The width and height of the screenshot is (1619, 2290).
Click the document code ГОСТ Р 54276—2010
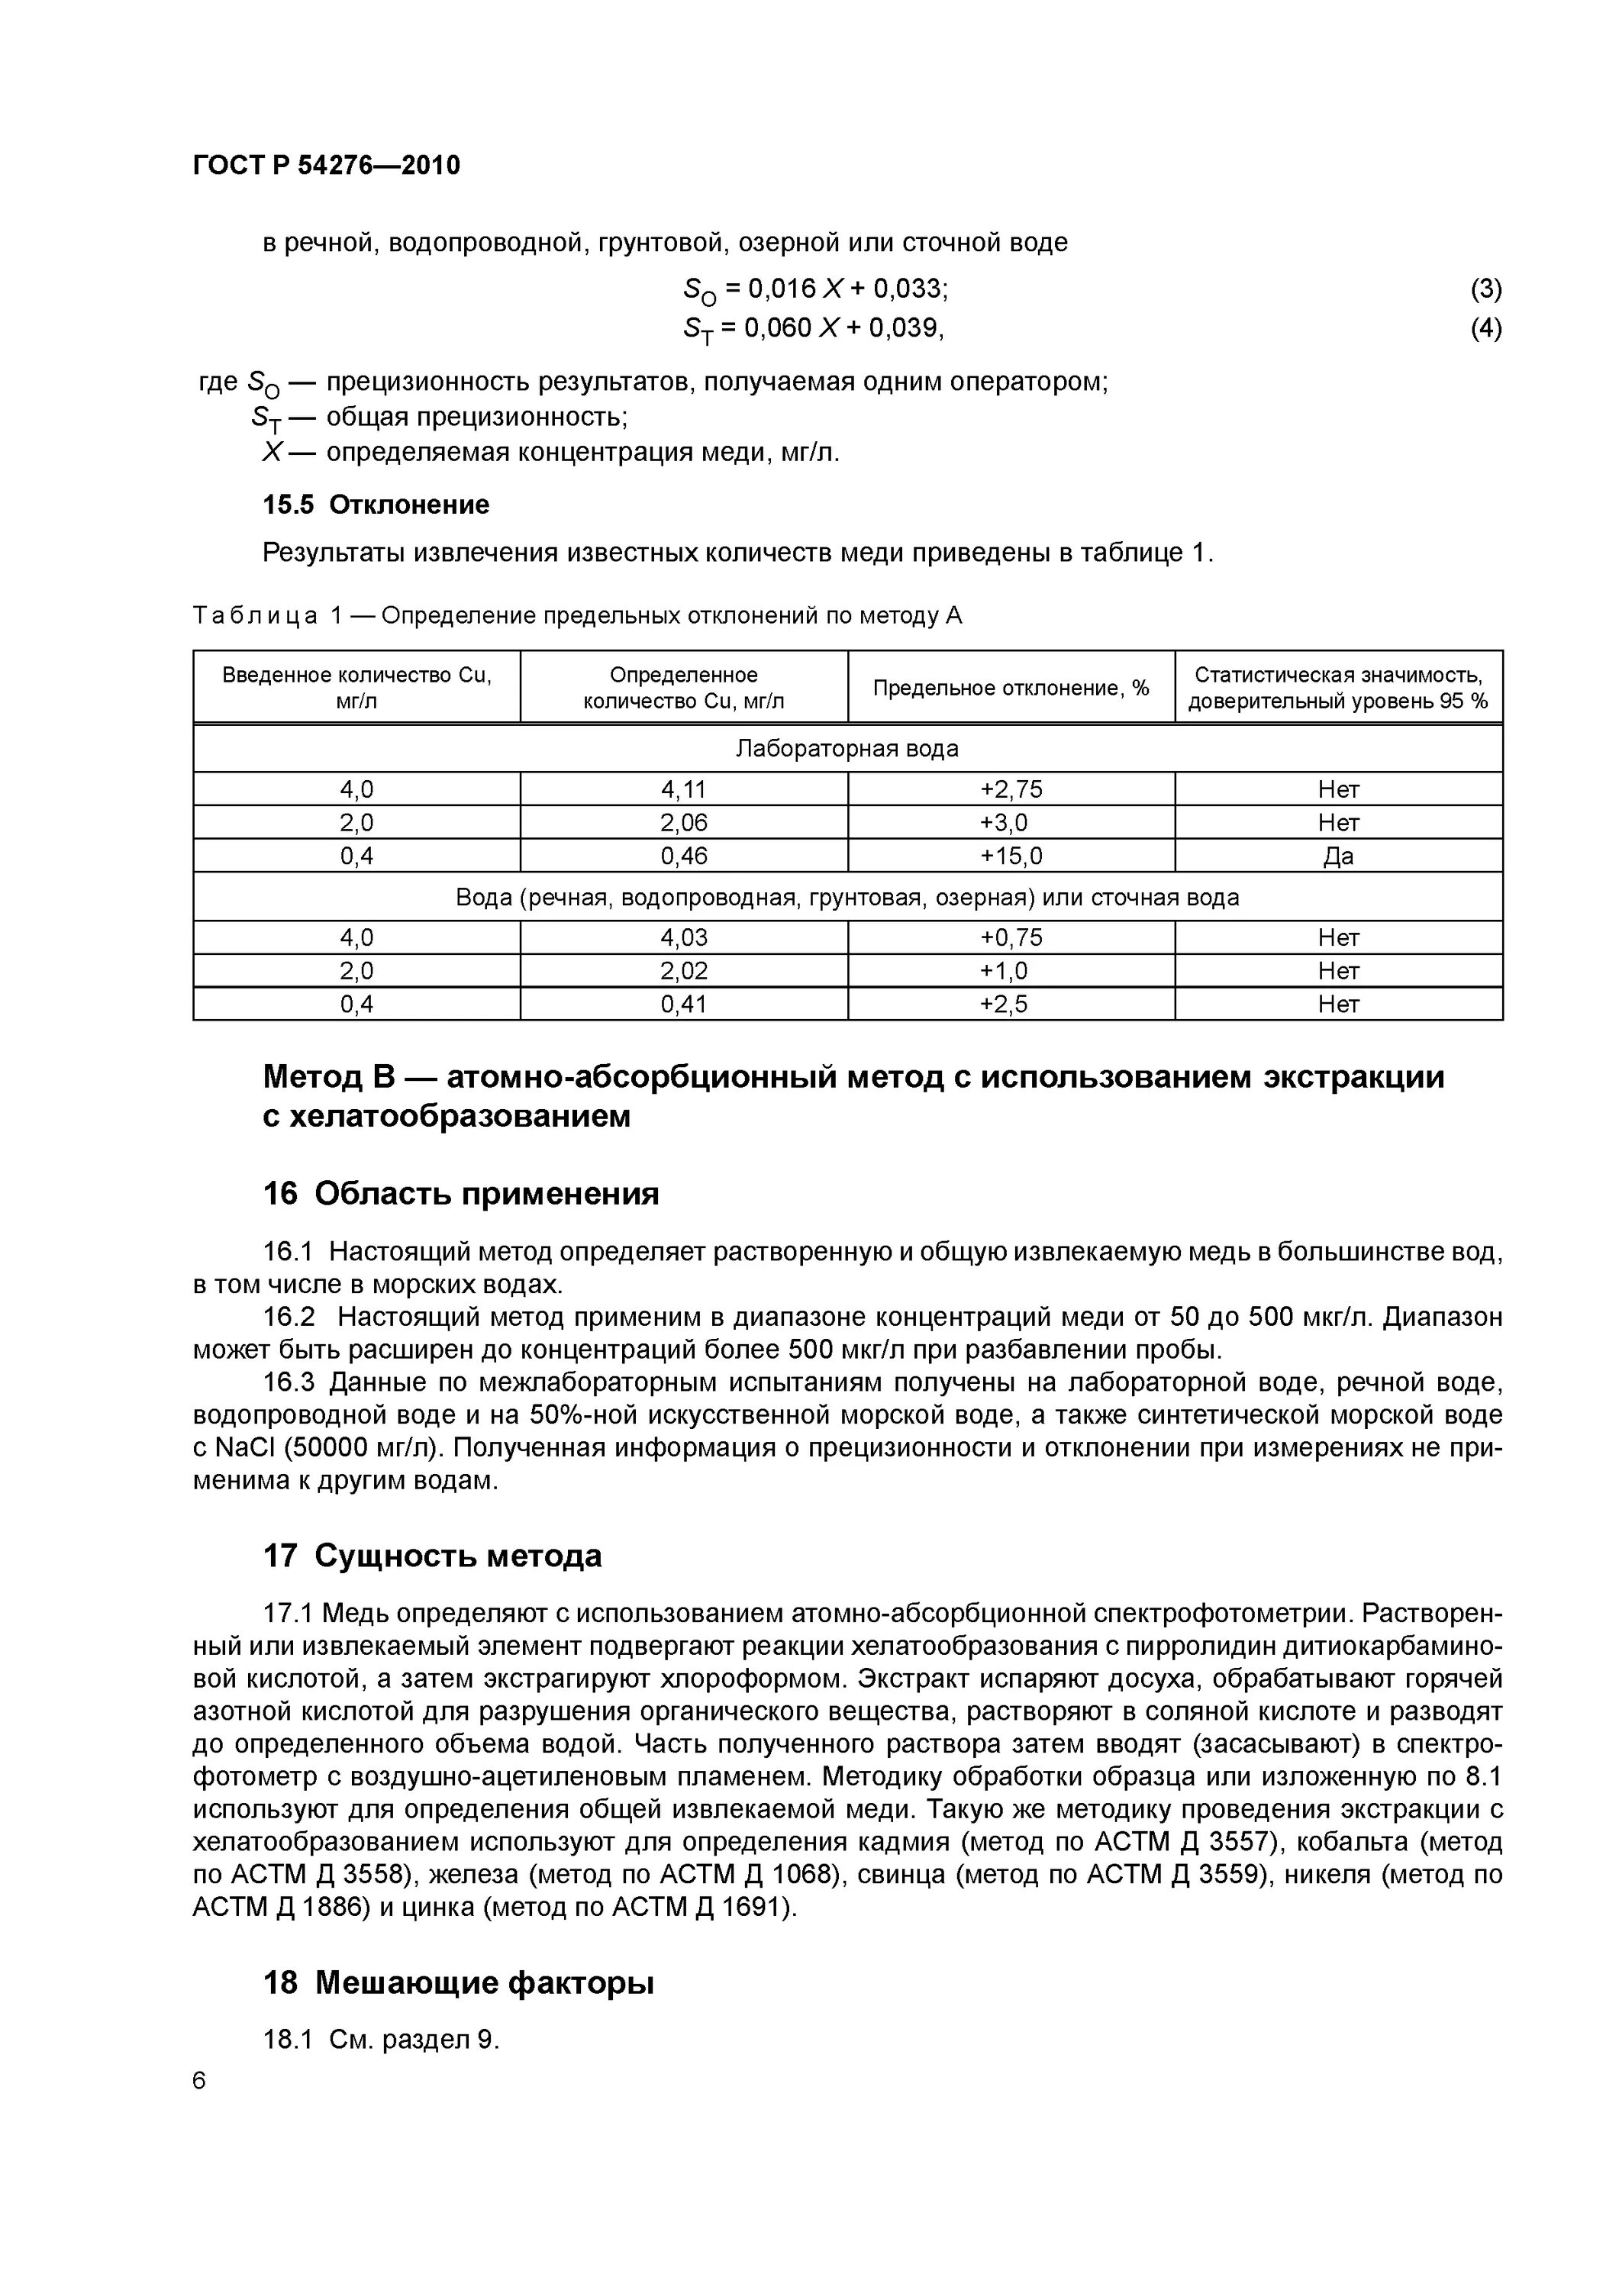[326, 165]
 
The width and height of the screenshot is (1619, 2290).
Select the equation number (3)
[1485, 289]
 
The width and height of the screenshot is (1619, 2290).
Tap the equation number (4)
[1485, 328]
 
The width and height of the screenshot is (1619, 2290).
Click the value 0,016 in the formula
[782, 289]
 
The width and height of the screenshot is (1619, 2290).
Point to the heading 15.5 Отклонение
[376, 505]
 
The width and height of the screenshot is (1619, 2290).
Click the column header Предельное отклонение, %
[1011, 687]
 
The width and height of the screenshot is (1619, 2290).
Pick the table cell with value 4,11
[683, 789]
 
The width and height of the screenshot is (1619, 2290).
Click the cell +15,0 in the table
[1011, 856]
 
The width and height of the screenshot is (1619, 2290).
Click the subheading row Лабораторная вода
[847, 748]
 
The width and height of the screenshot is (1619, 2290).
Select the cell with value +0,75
[1011, 937]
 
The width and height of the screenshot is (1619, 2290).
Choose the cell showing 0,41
[683, 1005]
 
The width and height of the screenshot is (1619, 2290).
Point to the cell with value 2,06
[683, 823]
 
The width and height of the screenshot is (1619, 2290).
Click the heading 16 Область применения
[461, 1194]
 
